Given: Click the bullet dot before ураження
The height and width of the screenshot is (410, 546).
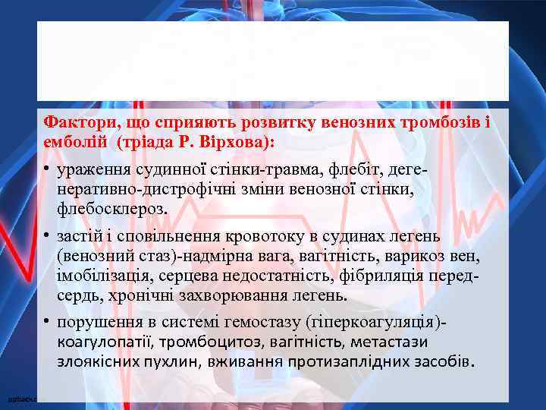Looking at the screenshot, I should tap(46, 165).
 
